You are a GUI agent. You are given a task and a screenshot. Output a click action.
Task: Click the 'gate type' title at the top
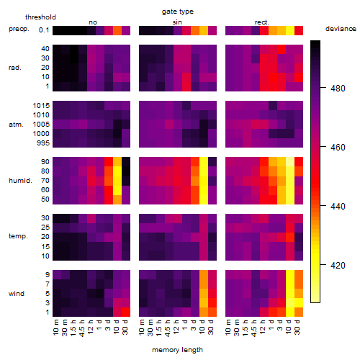[x=178, y=12]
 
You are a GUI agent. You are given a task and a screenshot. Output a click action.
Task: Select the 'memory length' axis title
[x=177, y=350]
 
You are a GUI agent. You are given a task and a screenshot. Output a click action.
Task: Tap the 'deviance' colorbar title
[x=341, y=29]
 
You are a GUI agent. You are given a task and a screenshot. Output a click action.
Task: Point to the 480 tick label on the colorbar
[x=338, y=89]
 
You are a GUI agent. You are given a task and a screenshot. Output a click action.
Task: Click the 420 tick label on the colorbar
[x=338, y=265]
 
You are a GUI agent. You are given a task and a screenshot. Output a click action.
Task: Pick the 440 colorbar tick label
[x=338, y=206]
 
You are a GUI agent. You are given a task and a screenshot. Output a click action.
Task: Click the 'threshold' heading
[x=40, y=17]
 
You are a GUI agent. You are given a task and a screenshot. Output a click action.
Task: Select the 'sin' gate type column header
[x=177, y=22]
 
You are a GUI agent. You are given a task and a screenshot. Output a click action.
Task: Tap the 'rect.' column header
[x=262, y=22]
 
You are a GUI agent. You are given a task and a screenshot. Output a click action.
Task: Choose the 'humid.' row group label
[x=20, y=181]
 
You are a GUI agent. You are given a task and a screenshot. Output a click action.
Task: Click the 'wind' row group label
[x=17, y=294]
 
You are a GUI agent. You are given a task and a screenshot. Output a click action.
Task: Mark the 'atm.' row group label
[x=16, y=125]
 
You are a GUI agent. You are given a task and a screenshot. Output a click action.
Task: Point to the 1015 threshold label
[x=41, y=106]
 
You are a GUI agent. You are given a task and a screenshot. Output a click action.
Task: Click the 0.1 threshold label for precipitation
[x=44, y=30]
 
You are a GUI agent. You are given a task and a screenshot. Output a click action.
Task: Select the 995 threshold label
[x=43, y=143]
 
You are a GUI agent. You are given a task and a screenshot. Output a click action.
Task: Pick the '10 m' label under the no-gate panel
[x=56, y=327]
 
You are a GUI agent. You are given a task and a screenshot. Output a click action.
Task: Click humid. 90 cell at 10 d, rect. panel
[x=290, y=162]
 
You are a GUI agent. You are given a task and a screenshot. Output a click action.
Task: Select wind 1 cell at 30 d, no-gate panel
[x=126, y=312]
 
